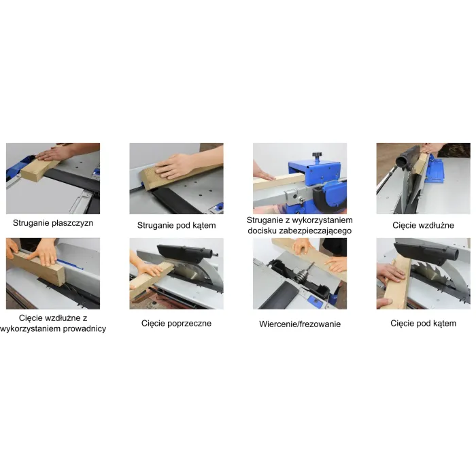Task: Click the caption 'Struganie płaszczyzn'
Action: pos(53,223)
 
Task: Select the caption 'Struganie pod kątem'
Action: pos(176,226)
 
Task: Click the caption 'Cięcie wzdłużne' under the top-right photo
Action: pos(423,225)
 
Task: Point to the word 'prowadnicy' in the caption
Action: pos(83,328)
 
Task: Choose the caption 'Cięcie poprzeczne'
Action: pos(176,323)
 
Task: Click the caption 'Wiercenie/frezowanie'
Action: pos(300,324)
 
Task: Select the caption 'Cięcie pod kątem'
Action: pos(423,323)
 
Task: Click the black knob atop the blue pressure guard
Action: pos(318,156)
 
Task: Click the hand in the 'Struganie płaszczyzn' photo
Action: pos(54,153)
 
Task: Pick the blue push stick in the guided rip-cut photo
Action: pos(70,264)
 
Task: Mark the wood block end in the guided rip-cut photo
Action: pos(59,275)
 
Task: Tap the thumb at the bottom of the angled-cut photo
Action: pos(384,303)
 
